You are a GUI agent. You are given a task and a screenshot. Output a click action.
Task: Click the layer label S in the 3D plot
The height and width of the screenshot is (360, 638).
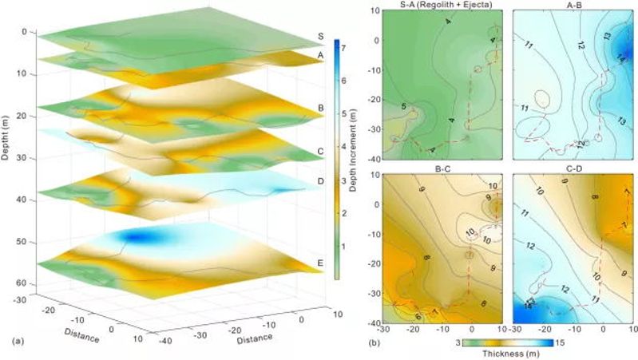tap(319, 36)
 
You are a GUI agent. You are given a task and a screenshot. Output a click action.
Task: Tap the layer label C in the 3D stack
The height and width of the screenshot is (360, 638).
tap(319, 149)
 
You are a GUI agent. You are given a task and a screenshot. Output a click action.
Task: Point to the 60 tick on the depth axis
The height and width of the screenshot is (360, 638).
tap(22, 283)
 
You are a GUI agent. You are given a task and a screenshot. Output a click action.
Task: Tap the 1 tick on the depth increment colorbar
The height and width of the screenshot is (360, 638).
tap(342, 247)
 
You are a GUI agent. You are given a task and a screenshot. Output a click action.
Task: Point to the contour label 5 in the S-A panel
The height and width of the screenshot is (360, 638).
tap(404, 106)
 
